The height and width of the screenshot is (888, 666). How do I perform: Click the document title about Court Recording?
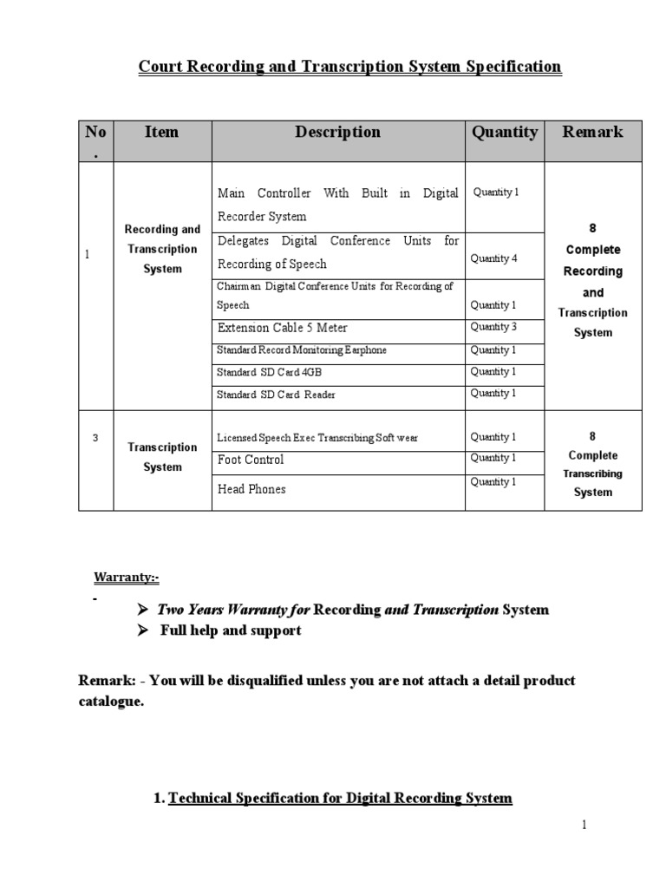click(349, 67)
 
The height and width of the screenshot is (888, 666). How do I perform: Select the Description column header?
click(337, 133)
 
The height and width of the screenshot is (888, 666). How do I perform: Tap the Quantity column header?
click(504, 133)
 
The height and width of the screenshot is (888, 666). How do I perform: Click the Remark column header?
click(592, 133)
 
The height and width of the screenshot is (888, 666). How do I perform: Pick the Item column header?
click(162, 133)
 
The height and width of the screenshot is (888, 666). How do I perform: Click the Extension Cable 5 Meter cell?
click(282, 329)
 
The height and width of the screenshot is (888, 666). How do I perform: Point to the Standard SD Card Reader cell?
click(276, 395)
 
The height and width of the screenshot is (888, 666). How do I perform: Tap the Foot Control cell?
click(251, 460)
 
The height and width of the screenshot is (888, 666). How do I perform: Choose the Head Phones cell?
click(251, 489)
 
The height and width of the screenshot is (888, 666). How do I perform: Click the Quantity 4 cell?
click(494, 258)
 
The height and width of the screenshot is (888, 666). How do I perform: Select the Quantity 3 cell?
click(494, 327)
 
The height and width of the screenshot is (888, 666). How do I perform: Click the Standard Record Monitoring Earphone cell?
click(302, 350)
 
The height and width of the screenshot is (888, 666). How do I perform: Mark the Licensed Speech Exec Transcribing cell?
click(317, 438)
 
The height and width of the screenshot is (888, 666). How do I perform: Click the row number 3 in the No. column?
click(95, 438)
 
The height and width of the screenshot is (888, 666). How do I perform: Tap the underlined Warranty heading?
click(126, 578)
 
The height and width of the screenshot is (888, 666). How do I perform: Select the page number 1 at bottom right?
click(584, 825)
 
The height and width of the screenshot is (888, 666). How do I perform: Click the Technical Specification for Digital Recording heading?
click(340, 798)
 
